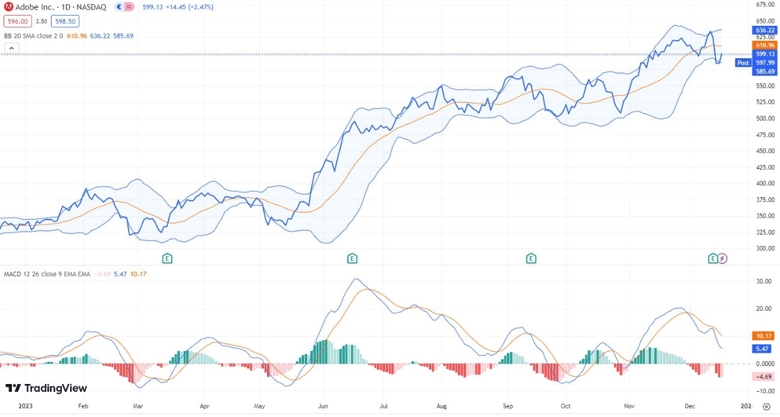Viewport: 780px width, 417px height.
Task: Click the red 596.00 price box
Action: coord(16,21)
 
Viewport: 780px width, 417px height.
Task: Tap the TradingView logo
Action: coord(46,388)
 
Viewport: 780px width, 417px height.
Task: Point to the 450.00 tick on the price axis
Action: coord(766,151)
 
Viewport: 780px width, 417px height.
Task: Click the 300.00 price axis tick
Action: coord(766,248)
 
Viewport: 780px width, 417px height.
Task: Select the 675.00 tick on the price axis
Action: coord(766,5)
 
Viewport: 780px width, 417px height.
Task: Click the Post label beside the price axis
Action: coord(743,62)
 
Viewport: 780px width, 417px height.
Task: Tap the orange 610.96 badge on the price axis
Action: coord(765,45)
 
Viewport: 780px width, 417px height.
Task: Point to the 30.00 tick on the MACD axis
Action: coord(764,281)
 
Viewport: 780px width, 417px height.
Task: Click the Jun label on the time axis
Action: coord(323,406)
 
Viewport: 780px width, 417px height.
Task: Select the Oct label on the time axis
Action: coord(565,406)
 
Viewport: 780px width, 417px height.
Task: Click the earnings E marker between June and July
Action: coord(352,259)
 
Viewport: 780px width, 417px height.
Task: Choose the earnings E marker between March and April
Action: coord(168,259)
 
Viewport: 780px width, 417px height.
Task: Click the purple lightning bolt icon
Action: coord(723,259)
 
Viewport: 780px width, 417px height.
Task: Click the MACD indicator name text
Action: coord(14,274)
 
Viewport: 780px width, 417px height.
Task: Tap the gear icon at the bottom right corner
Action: coord(766,407)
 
